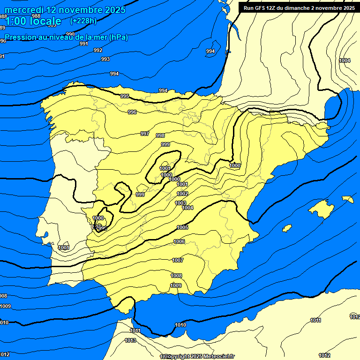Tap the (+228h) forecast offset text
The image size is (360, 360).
(x=83, y=21)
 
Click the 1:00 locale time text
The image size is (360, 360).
(x=33, y=21)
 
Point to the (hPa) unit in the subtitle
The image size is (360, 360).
(x=118, y=37)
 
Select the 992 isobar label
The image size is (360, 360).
(x=97, y=50)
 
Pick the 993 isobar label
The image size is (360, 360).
(x=105, y=59)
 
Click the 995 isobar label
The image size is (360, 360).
(x=125, y=96)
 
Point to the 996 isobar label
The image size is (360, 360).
(x=132, y=112)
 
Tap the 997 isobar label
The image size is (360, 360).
(x=145, y=134)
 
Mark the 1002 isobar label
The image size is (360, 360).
(x=182, y=194)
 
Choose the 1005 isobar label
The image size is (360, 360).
(x=182, y=227)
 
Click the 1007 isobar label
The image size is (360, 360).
(x=178, y=260)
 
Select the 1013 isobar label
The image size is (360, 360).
(x=130, y=340)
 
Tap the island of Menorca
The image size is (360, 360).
(x=347, y=199)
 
